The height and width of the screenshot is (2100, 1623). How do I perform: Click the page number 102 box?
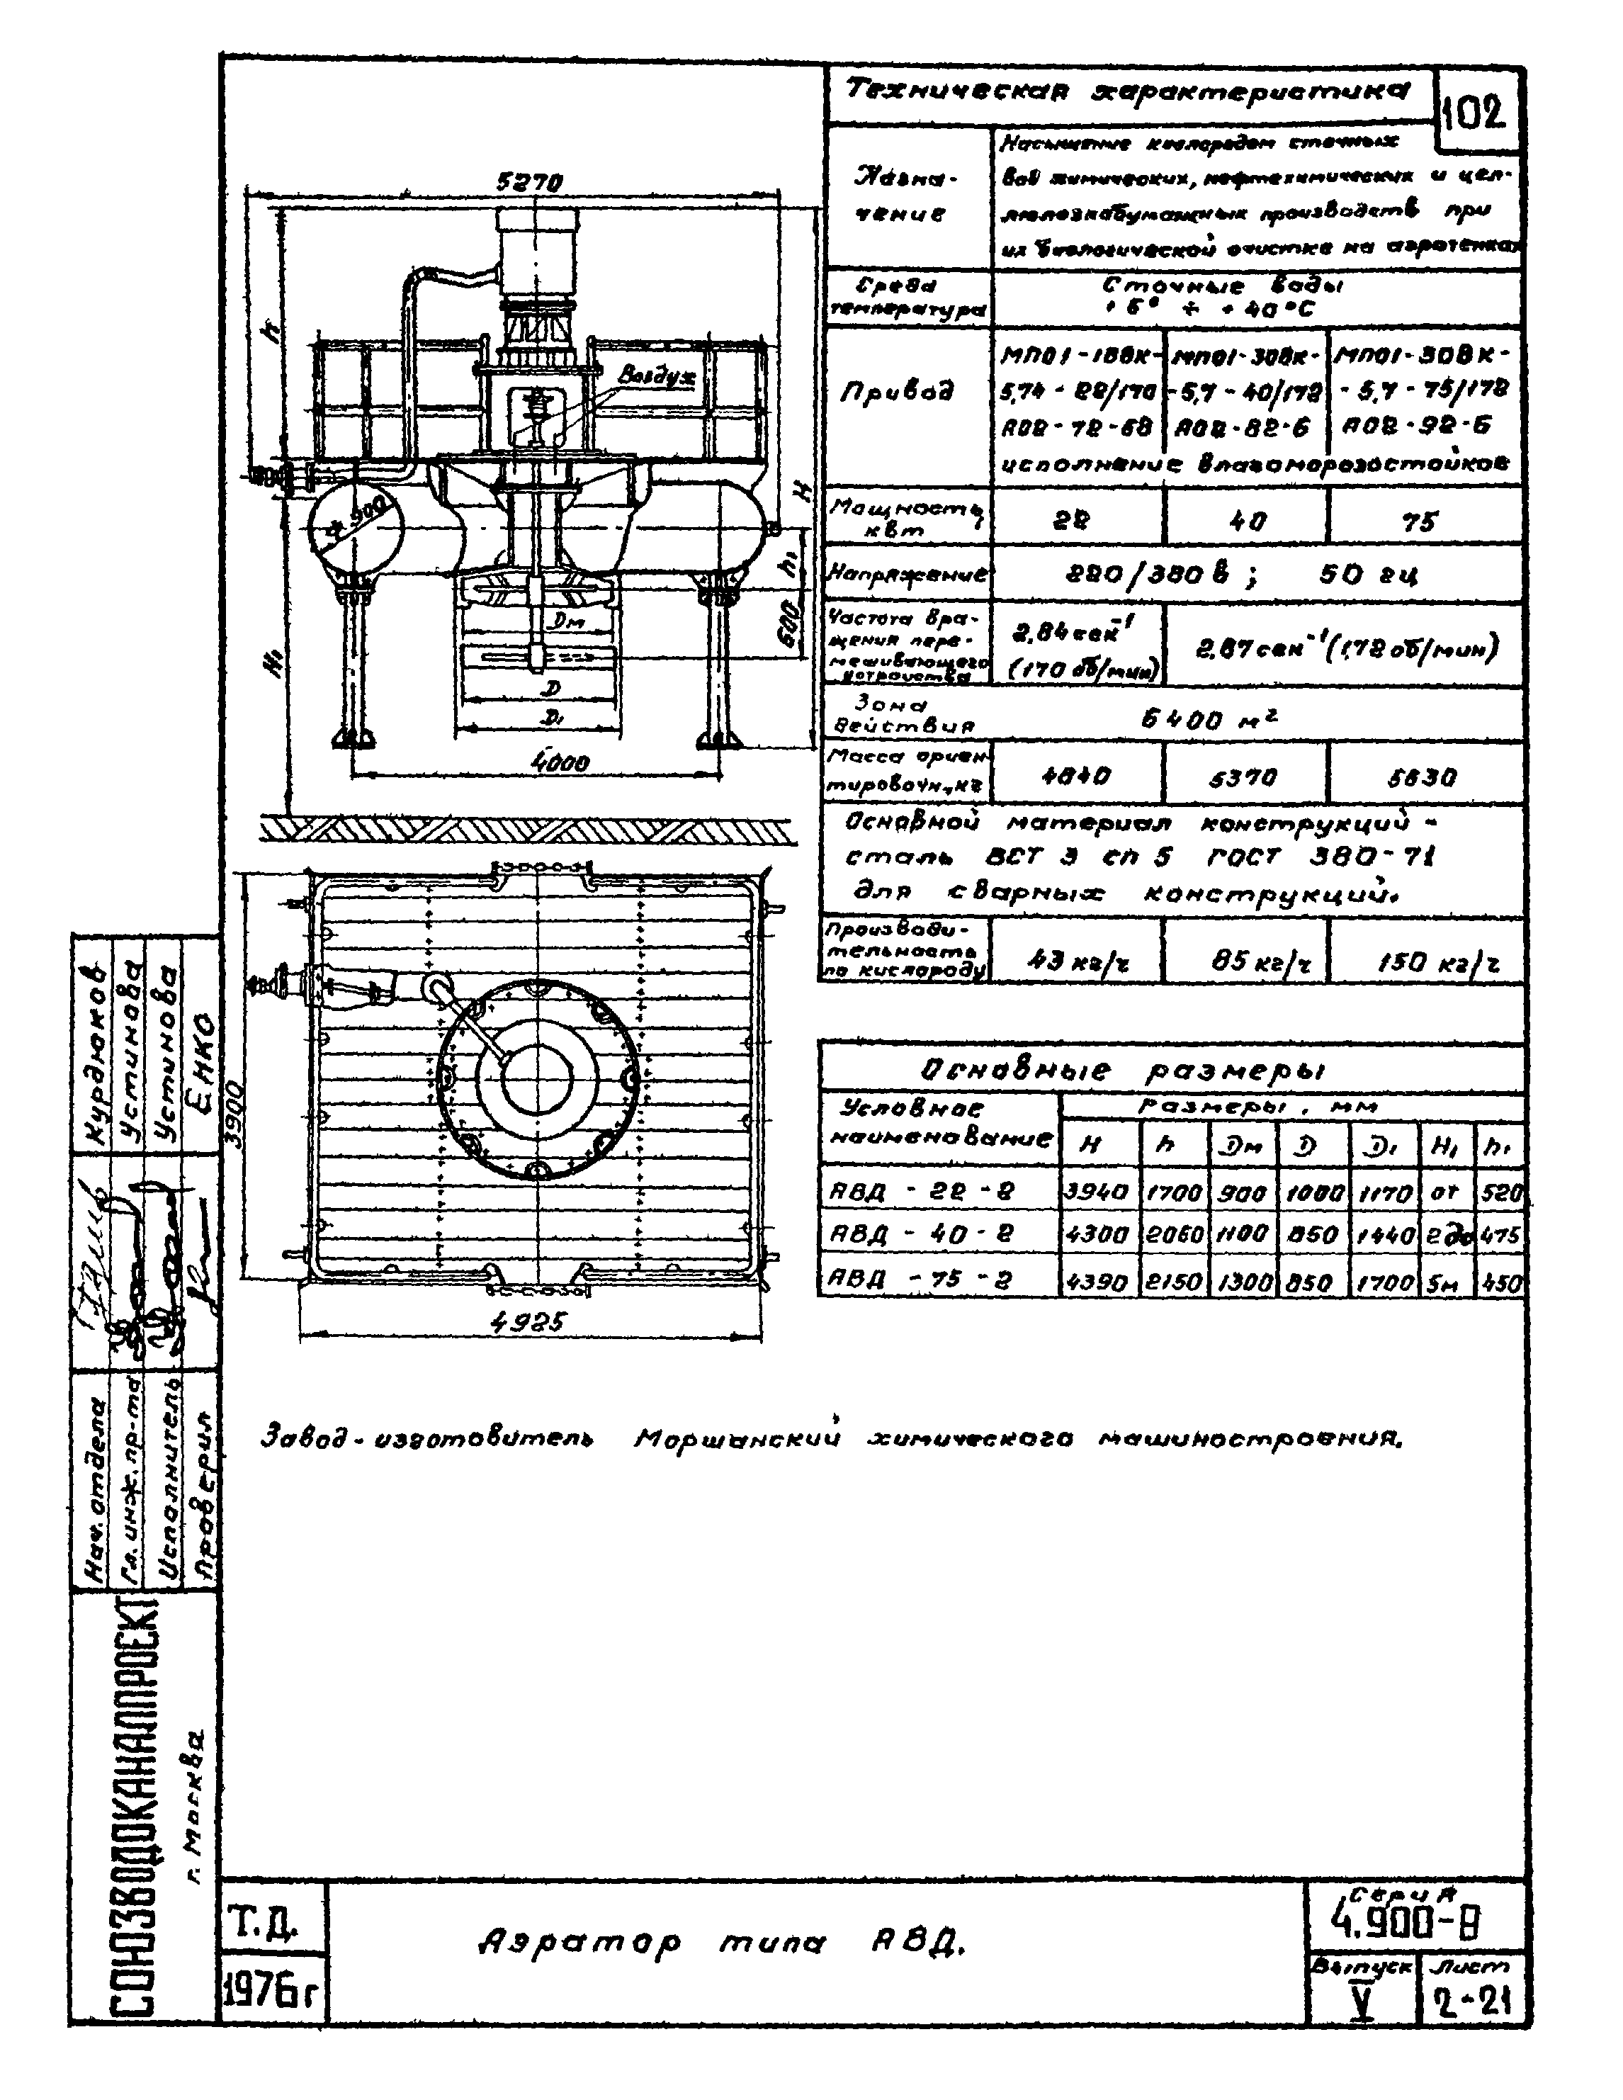click(1477, 113)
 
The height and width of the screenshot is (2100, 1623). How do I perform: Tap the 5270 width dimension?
click(528, 181)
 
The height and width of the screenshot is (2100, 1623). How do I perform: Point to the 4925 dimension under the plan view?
click(527, 1323)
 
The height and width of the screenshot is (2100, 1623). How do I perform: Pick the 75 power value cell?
click(1419, 521)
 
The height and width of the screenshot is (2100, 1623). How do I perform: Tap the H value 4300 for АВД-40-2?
click(1098, 1236)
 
